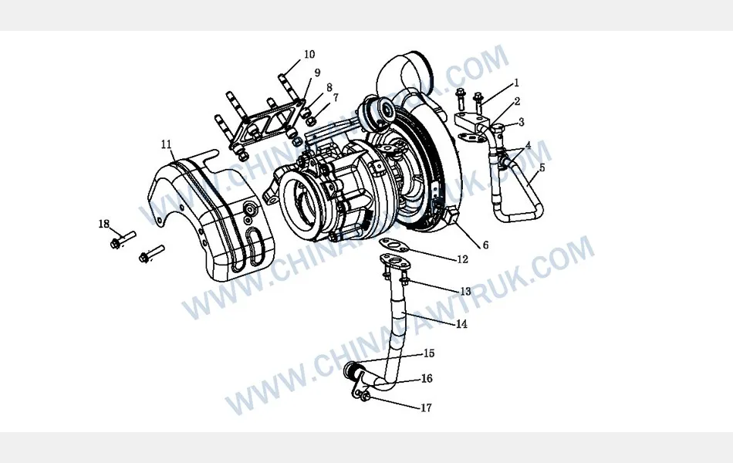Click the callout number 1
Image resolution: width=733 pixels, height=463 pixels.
coord(516,83)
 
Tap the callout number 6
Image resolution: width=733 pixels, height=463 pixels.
coord(485,245)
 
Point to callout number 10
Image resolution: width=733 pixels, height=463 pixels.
coord(309,55)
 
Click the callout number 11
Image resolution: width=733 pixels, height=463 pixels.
coord(166,144)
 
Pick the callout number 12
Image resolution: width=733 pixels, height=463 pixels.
coord(461,260)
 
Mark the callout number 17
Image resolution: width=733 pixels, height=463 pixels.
coord(426,408)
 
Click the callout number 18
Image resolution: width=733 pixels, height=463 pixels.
coord(104,224)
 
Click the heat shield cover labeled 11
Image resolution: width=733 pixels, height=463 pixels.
coord(212,220)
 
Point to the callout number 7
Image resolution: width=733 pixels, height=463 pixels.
coord(335,98)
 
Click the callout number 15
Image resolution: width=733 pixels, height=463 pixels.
coord(428,353)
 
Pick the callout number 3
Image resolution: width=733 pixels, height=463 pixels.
coord(522,122)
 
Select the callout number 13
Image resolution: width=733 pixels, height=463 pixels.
coord(464,292)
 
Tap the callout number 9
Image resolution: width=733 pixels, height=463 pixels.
coord(316,73)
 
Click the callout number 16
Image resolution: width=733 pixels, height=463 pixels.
coord(427,379)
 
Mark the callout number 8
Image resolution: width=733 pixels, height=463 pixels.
coord(329,87)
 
